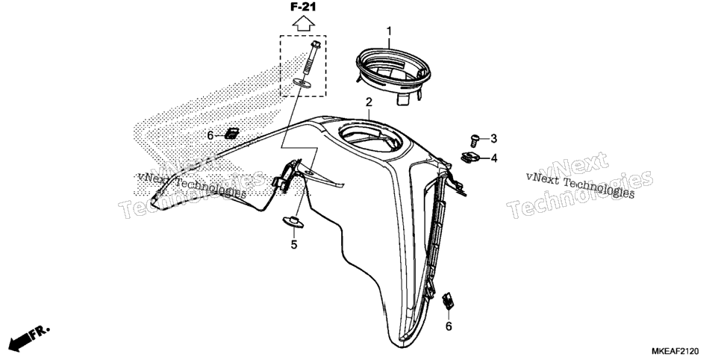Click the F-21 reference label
(x=304, y=7)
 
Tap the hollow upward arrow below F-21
(x=304, y=23)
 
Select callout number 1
(x=389, y=31)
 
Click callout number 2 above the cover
(x=369, y=102)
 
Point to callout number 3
(x=494, y=138)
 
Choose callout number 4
(x=494, y=158)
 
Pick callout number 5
(x=294, y=245)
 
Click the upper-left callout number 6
(x=210, y=135)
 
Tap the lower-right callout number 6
(x=449, y=326)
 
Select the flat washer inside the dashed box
(x=302, y=83)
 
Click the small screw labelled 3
(x=475, y=140)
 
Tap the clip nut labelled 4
(x=470, y=157)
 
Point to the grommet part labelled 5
(x=293, y=221)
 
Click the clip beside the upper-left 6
(x=231, y=134)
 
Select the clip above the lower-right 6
(x=448, y=300)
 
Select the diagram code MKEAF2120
(x=676, y=352)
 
